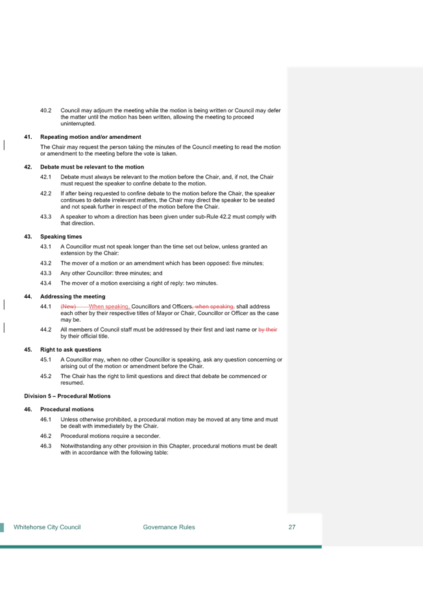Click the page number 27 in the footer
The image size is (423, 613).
[x=292, y=527]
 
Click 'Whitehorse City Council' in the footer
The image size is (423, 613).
[x=47, y=527]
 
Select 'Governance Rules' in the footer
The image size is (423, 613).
[x=169, y=527]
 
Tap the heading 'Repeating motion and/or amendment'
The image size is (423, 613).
[x=91, y=137]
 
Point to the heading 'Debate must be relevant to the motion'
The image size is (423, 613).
[x=92, y=167]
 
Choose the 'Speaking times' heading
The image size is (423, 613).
[x=61, y=237]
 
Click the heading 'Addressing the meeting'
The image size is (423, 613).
[x=73, y=296]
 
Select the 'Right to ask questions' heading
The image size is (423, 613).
[x=71, y=350]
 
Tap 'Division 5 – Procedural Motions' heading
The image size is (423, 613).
[x=67, y=396]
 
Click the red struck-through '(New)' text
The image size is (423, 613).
[x=68, y=306]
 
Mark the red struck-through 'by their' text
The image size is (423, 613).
[x=268, y=330]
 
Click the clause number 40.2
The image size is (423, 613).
[x=46, y=110]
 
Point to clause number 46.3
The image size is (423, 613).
[x=46, y=446]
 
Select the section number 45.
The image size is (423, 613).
[x=28, y=350]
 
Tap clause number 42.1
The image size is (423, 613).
[x=46, y=176]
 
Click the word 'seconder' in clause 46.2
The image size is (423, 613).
[x=147, y=436]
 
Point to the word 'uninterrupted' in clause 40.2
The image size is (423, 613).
[x=77, y=123]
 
